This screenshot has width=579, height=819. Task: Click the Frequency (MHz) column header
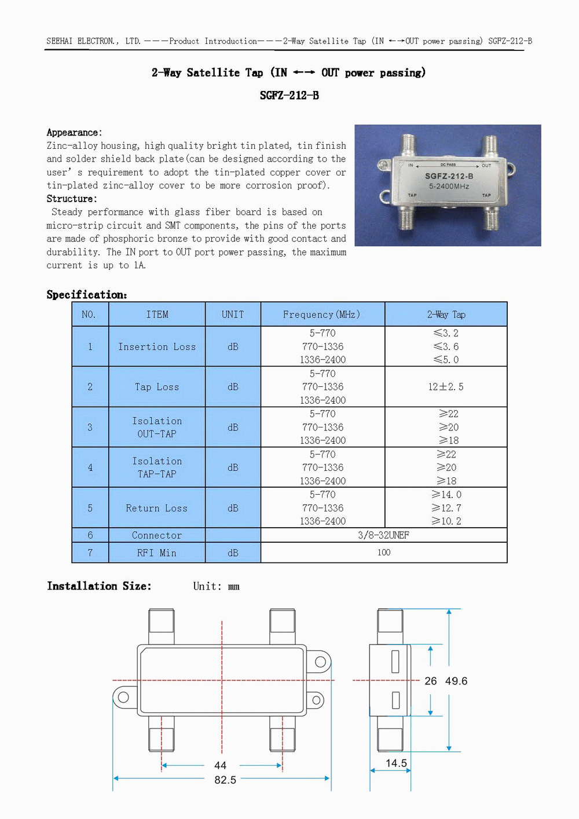pos(321,315)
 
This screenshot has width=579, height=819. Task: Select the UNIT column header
pos(233,315)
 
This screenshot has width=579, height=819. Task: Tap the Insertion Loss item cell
pos(157,346)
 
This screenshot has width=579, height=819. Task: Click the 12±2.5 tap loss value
pos(446,387)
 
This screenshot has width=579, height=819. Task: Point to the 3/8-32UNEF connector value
pos(383,535)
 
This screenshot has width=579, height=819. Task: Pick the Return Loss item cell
pos(157,508)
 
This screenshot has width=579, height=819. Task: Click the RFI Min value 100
pos(384,553)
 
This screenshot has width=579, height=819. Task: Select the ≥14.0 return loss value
pos(446,495)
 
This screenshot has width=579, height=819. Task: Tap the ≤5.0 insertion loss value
pos(446,360)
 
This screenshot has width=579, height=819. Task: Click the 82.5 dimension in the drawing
pos(225,780)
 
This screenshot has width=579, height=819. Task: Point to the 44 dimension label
pos(221,765)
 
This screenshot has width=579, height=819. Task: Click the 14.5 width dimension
pos(396,763)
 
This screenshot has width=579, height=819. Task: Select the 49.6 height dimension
pos(456,681)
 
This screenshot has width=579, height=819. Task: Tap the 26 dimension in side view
pos(431,681)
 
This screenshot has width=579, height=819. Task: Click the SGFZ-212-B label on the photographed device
pos(449,176)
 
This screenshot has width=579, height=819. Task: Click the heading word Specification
pos(86,295)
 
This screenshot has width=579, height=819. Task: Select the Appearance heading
pos(74,133)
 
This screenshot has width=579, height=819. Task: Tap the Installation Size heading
pos(99,586)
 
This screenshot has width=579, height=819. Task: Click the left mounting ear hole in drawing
pos(123,697)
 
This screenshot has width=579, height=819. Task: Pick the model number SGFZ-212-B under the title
pos(289,96)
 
